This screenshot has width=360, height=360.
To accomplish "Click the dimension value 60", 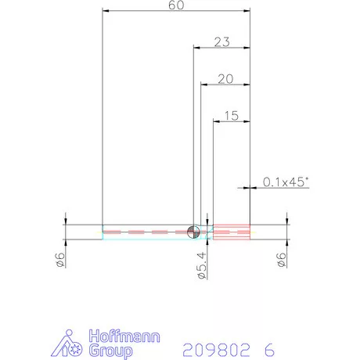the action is pos(176,5).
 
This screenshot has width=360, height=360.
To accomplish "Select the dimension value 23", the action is pos(222,42).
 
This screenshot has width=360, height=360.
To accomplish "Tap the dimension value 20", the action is pos(225,79).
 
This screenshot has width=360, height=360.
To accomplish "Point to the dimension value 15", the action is pos(232,116).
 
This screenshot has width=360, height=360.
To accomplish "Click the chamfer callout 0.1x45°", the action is pos(286,182).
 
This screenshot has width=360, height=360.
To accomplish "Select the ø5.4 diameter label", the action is pos(202,265).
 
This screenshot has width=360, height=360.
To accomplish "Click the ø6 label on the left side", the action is pos(60,260).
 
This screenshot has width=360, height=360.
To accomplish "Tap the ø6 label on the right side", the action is pos(282,260).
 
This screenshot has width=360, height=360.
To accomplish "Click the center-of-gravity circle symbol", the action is pos(193,232).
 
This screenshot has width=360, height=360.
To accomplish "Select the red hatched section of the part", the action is pos(232,232).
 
